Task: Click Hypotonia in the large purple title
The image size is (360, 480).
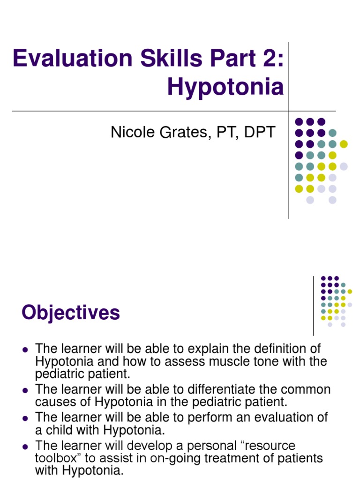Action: pos(225,87)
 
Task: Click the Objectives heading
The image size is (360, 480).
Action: pos(71,313)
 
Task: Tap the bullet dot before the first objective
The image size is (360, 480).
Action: pos(26,350)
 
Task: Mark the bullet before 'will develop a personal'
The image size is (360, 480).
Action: pos(26,446)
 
